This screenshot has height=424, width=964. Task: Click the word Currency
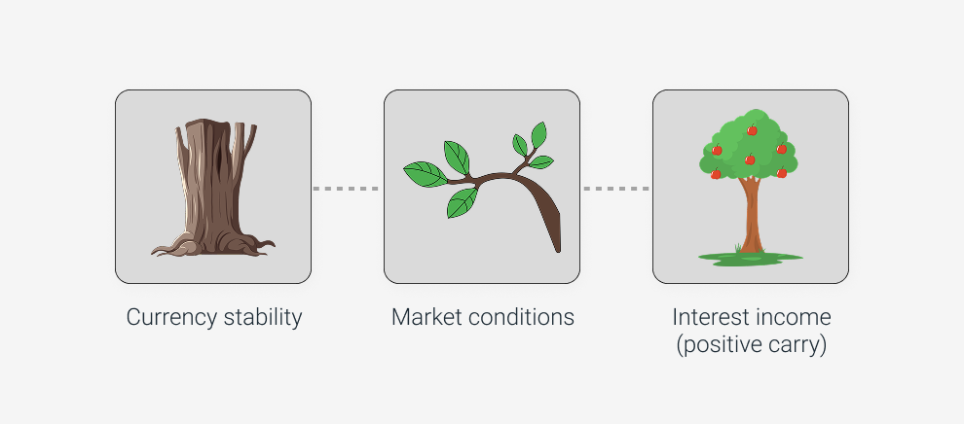pos(165,318)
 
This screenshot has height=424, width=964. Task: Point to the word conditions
pos(523,318)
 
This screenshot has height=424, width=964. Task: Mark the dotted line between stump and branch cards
pos(347,188)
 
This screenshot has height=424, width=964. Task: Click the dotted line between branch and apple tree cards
pos(615,188)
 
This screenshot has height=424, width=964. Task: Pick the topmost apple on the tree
pos(752,130)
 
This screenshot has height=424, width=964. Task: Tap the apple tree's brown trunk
pos(751,219)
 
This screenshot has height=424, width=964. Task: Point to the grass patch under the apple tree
pos(750,258)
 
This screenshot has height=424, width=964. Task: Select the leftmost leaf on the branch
pos(424,175)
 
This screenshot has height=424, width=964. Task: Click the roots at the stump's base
pos(213,244)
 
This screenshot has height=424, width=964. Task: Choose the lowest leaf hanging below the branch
pos(462,203)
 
